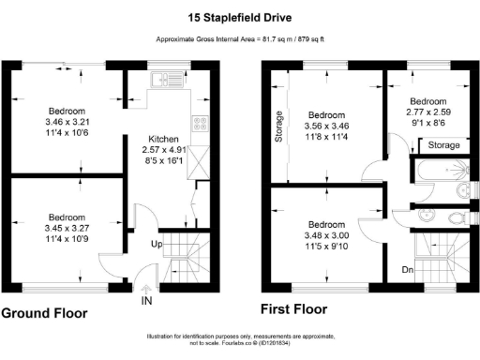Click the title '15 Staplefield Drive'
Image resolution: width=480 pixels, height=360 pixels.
click(x=240, y=15)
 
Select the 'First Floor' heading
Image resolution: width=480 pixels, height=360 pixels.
click(x=294, y=308)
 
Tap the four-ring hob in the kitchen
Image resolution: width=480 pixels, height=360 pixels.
click(x=199, y=123)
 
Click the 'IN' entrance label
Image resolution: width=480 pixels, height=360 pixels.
click(x=146, y=302)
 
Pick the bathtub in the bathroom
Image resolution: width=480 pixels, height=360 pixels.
click(x=444, y=169)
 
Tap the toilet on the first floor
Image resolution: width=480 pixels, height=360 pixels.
click(x=458, y=217)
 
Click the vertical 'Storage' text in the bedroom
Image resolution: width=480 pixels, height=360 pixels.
click(x=278, y=127)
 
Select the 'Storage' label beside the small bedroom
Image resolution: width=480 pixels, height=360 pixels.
click(x=444, y=146)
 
